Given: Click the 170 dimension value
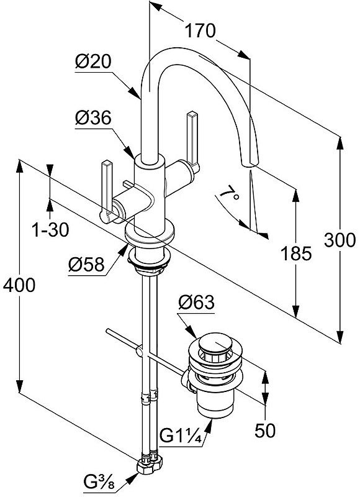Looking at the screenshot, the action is pos(200,30).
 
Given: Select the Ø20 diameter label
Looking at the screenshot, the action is pos(93,61).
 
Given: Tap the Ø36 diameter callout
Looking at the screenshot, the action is pos(93,117).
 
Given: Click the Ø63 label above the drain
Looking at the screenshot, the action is pos(196,302).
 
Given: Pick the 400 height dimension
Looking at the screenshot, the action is pos(19,285).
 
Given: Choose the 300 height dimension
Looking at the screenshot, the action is pos(340,240).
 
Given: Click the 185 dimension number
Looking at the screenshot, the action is pos(296,253).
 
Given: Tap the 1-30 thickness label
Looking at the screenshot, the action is pos(50,229).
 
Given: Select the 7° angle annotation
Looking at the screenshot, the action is pos(229,193).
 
